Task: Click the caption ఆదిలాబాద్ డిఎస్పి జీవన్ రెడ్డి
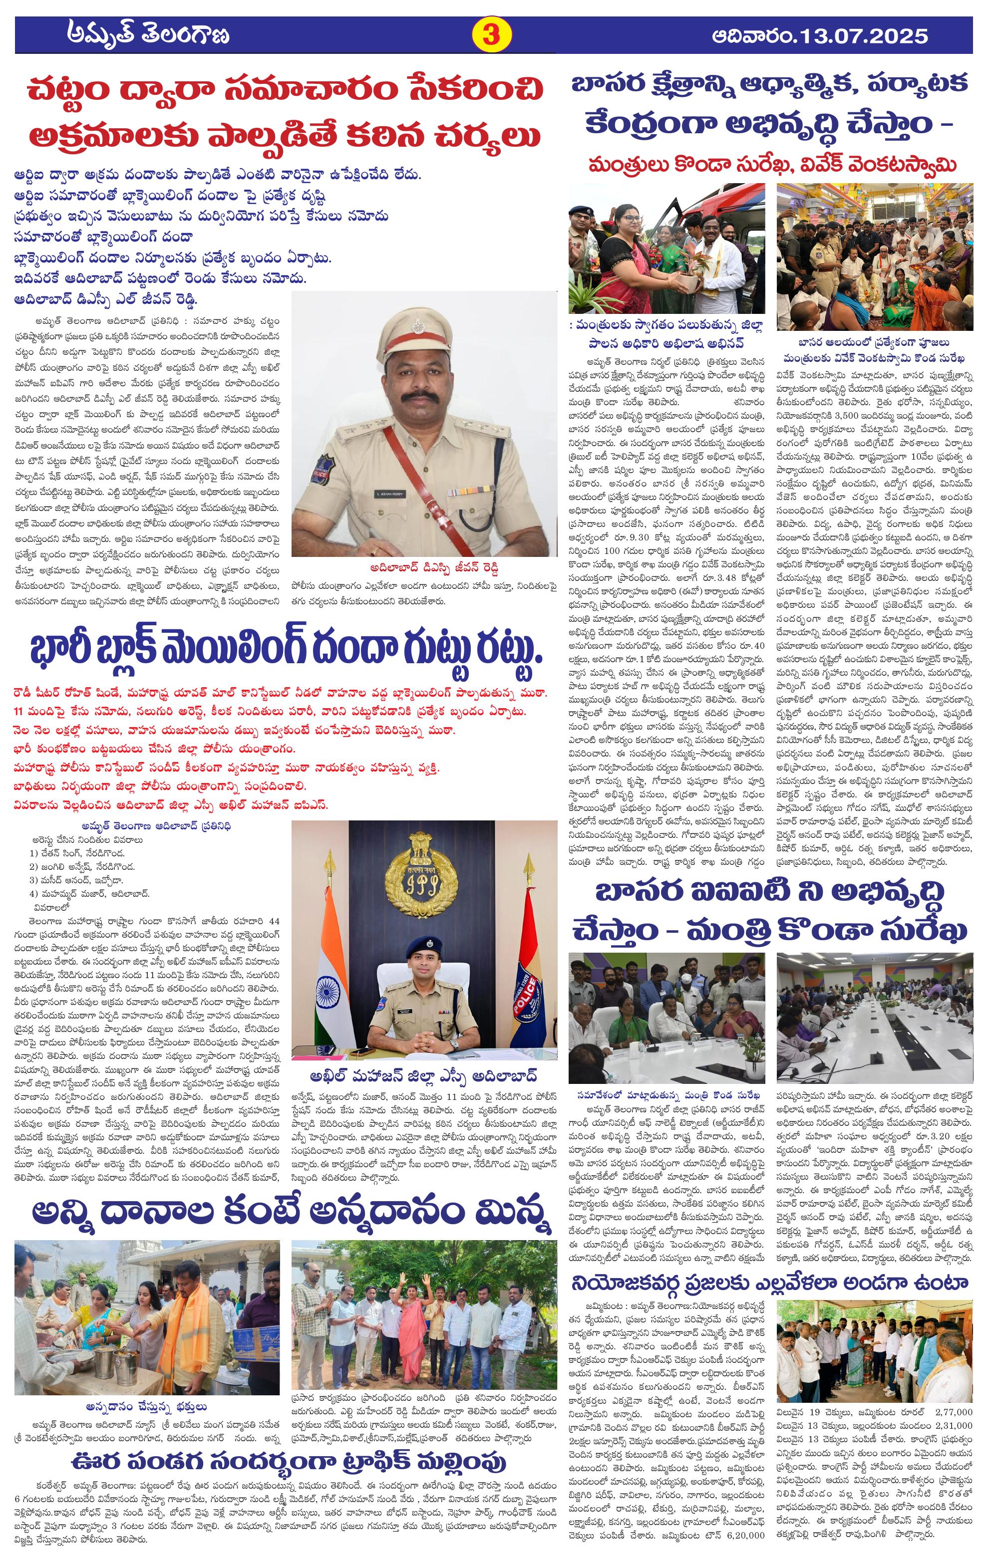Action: [x=424, y=567]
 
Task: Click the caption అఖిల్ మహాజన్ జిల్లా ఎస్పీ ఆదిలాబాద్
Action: [x=424, y=1075]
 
